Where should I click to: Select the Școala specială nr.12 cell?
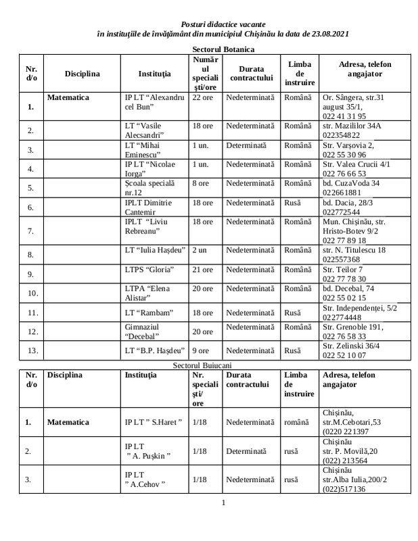pyautogui.click(x=150, y=187)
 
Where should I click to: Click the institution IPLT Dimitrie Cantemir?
pyautogui.click(x=150, y=206)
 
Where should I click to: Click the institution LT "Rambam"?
pyautogui.click(x=150, y=312)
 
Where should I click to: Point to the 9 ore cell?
pyautogui.click(x=200, y=350)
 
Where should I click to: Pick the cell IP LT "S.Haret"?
pyautogui.click(x=154, y=423)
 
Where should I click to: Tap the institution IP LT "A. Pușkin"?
pyautogui.click(x=148, y=451)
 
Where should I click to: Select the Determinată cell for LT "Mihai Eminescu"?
pyautogui.click(x=248, y=145)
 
